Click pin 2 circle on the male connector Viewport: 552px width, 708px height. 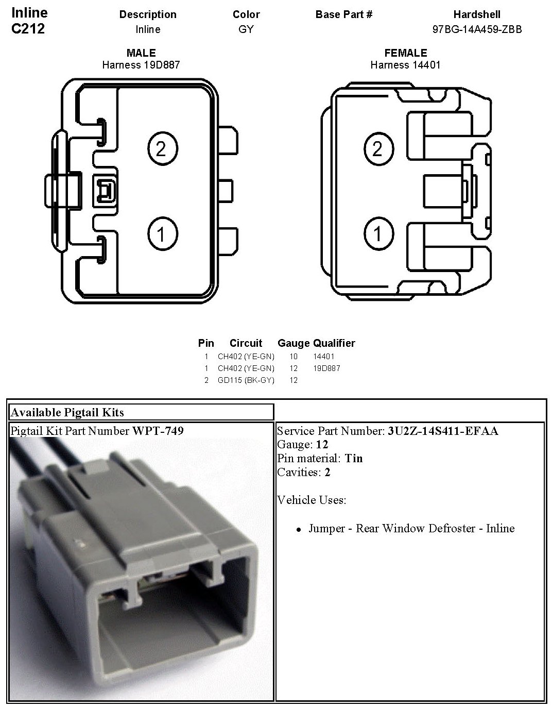(163, 149)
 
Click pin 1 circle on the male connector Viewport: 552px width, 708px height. (163, 234)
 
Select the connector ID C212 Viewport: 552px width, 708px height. (28, 29)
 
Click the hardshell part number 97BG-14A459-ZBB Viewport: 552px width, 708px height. (477, 29)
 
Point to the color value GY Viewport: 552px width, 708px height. (246, 29)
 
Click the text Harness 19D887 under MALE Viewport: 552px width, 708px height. (141, 65)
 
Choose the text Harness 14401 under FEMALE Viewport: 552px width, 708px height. (405, 65)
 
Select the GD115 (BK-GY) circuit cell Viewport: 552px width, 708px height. (246, 380)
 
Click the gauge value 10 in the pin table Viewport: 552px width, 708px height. (294, 356)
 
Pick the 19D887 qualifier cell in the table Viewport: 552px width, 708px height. (326, 368)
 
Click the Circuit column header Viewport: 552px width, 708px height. (246, 343)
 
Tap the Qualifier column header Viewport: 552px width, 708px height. (334, 343)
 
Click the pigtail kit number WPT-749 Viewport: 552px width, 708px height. (158, 431)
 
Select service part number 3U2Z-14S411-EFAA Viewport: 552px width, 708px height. (443, 431)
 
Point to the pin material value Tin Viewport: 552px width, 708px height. (354, 458)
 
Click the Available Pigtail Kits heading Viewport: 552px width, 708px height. (67, 412)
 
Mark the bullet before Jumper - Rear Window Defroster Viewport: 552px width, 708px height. (299, 529)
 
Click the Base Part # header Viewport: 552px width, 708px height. (344, 14)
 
